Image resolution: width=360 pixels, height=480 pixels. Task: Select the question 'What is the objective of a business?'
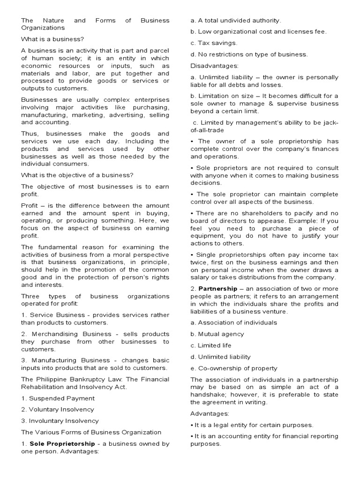click(x=77, y=175)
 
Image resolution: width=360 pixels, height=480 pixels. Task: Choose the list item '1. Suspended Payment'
click(x=58, y=398)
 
